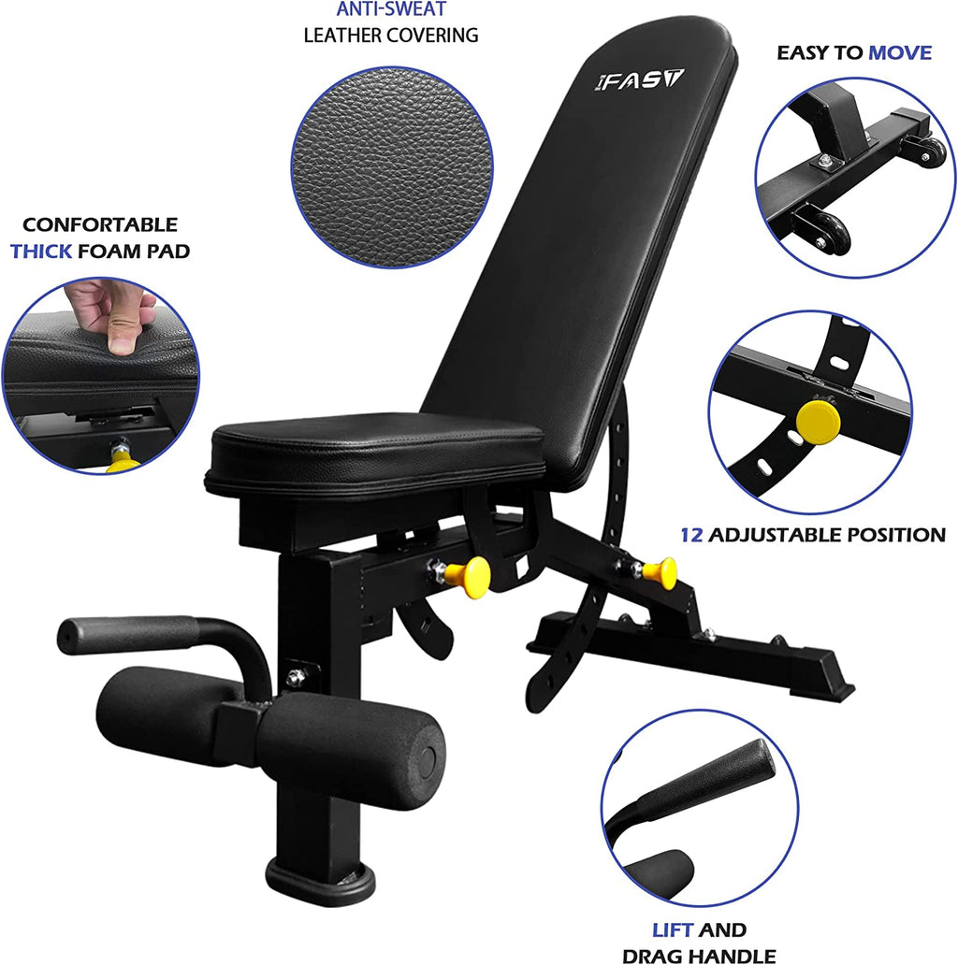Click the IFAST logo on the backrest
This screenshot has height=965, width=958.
click(x=639, y=79)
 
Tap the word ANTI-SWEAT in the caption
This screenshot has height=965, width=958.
click(x=391, y=9)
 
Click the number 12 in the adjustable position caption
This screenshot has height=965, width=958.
click(x=690, y=536)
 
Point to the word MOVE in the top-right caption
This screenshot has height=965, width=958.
click(x=899, y=52)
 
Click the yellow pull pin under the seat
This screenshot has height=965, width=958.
click(x=468, y=573)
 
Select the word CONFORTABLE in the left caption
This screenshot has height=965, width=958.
click(x=100, y=225)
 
